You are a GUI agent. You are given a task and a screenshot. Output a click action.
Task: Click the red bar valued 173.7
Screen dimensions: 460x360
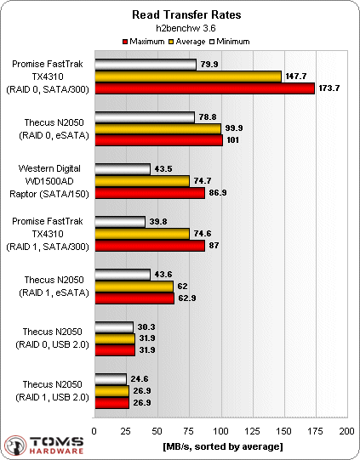(204, 88)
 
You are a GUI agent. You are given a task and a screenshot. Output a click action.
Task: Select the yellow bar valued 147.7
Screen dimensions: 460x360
(187, 76)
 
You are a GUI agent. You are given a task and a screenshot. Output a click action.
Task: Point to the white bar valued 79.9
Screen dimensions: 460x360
(145, 64)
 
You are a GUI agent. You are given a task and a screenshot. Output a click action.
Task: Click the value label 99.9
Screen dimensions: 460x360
(235, 128)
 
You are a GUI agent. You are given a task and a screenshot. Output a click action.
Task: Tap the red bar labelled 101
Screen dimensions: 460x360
(158, 140)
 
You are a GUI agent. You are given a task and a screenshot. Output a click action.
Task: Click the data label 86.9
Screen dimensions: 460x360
(220, 193)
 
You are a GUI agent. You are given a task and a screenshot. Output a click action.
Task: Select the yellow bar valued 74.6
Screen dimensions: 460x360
(141, 234)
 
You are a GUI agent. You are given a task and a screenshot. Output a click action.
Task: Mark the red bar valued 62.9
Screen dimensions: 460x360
(134, 298)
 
